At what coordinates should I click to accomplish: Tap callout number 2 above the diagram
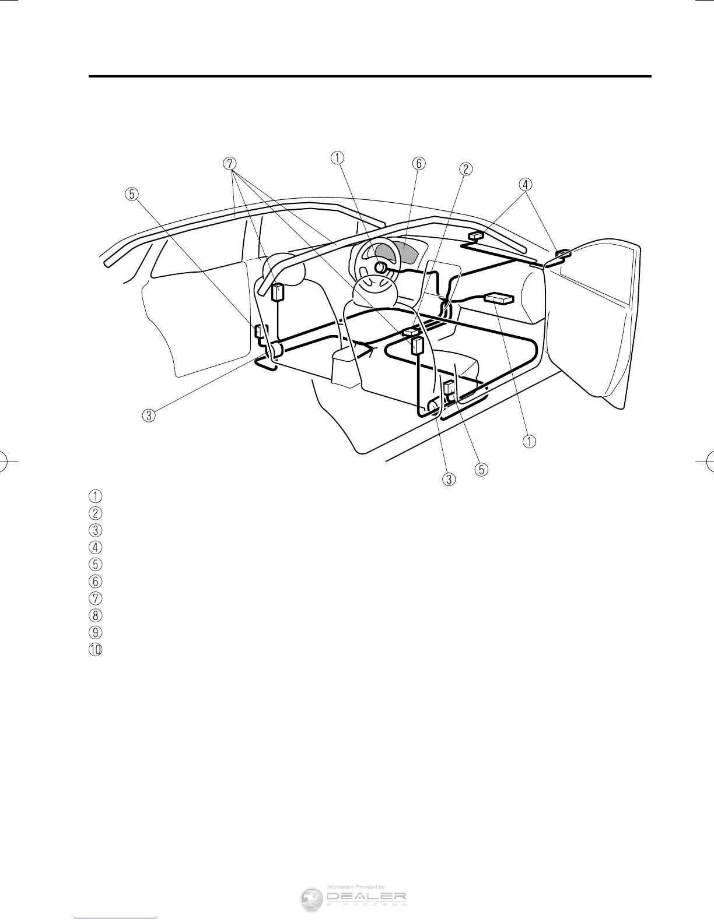point(465,169)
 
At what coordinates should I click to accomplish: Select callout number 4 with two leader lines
point(525,184)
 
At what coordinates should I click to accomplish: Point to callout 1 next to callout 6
point(337,157)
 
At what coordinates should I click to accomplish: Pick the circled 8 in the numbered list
point(95,615)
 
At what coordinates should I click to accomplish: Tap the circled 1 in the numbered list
point(95,496)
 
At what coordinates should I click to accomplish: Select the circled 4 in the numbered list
point(95,547)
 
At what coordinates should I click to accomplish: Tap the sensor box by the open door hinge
point(563,253)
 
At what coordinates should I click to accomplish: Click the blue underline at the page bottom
point(117,918)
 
